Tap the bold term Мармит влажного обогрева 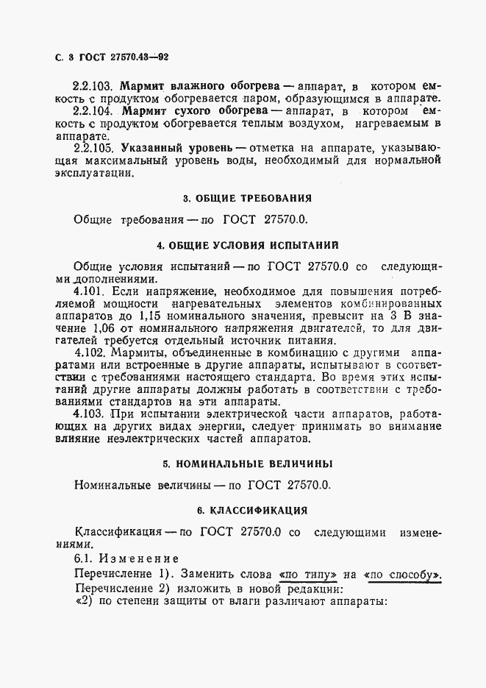[193, 85]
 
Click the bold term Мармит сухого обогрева [184, 111]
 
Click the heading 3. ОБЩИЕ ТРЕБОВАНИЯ [246, 198]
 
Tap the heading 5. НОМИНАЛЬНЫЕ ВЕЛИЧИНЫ [246, 464]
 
